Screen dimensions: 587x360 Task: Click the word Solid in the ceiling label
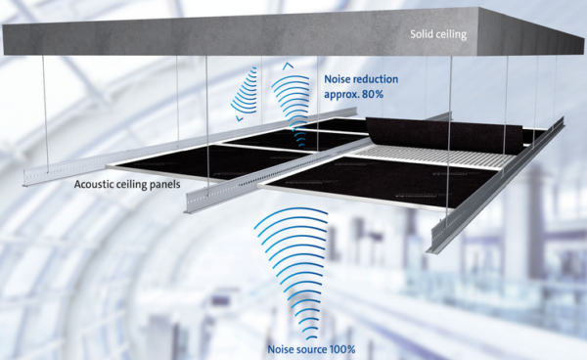pos(424,37)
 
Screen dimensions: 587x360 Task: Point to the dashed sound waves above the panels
pos(246,93)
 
